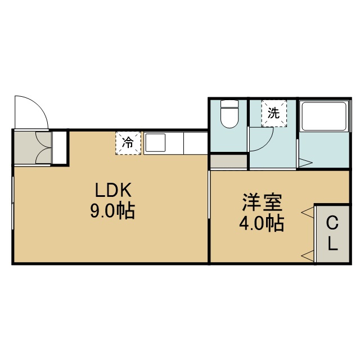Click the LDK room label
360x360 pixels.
(113, 190)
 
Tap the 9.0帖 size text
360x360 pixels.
(112, 211)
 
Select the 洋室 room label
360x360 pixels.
(262, 202)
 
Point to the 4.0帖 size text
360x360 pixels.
(262, 223)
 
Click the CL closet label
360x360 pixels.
(332, 234)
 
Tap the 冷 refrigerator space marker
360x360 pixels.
(128, 143)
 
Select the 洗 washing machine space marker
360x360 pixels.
(274, 113)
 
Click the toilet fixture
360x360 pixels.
(229, 114)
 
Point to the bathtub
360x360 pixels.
(324, 116)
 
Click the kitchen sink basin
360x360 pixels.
(155, 142)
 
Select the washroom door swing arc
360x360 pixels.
(266, 144)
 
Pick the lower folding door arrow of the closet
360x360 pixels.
(308, 255)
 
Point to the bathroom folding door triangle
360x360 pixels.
(306, 163)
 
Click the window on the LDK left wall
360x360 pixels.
(13, 202)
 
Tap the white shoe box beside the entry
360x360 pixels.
(59, 147)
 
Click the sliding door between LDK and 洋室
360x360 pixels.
(209, 194)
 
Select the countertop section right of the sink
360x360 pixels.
(196, 143)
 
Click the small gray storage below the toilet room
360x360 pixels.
(229, 161)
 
